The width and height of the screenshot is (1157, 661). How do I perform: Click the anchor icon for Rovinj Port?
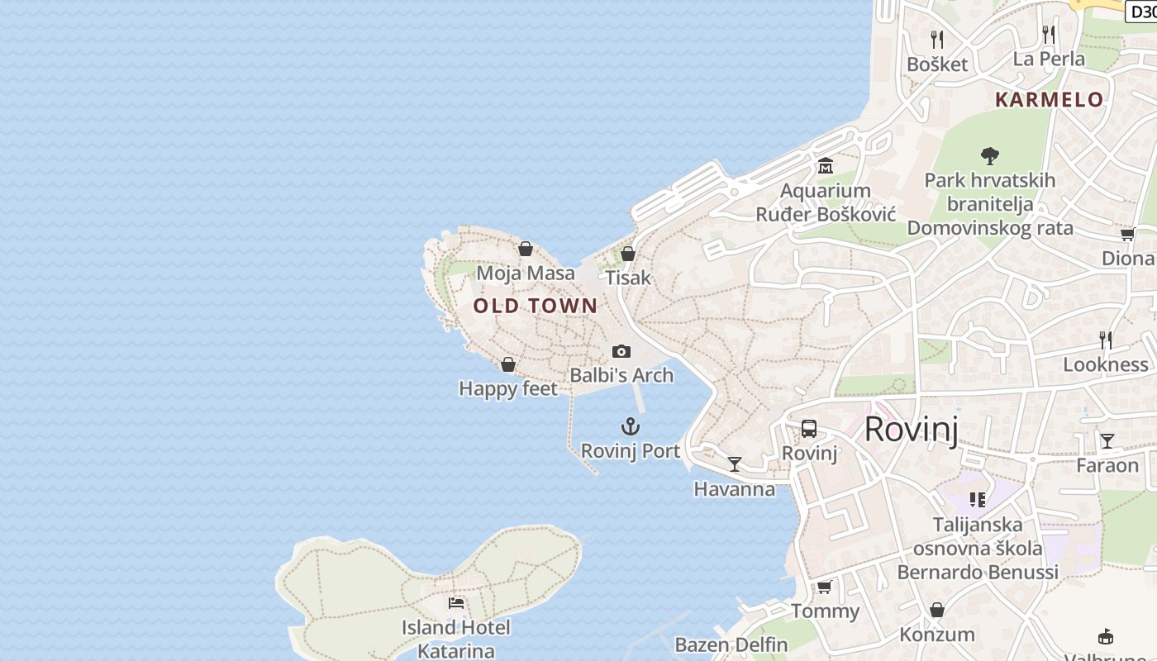(631, 426)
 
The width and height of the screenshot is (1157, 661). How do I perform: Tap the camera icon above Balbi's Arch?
(621, 351)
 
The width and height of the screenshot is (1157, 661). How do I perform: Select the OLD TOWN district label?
(535, 306)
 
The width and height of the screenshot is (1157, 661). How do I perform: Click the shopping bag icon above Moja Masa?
(526, 248)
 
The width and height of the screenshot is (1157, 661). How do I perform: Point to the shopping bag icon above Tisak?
(628, 254)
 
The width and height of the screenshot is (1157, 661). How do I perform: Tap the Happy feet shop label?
(508, 388)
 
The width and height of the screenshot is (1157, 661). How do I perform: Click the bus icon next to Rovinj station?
(809, 429)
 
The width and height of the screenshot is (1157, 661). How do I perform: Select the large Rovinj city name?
(911, 430)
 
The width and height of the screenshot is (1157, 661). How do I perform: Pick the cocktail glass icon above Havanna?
(735, 464)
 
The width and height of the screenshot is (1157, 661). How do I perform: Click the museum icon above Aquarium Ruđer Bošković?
(825, 166)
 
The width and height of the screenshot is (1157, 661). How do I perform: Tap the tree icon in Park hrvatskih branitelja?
(989, 155)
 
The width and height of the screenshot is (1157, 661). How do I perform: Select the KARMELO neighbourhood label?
(1049, 100)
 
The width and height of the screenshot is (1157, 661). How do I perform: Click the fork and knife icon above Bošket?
(937, 39)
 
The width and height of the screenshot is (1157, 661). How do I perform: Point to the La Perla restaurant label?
(1049, 59)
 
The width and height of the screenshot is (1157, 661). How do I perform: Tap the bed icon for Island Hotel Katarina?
(456, 602)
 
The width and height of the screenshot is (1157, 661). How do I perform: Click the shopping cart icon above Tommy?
(824, 587)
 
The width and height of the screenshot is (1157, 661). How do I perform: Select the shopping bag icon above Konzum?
(937, 610)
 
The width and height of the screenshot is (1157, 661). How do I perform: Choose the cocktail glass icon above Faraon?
(1107, 440)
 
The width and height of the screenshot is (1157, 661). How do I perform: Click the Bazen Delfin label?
(731, 644)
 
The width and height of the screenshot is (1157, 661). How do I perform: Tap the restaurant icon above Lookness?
(1105, 340)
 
